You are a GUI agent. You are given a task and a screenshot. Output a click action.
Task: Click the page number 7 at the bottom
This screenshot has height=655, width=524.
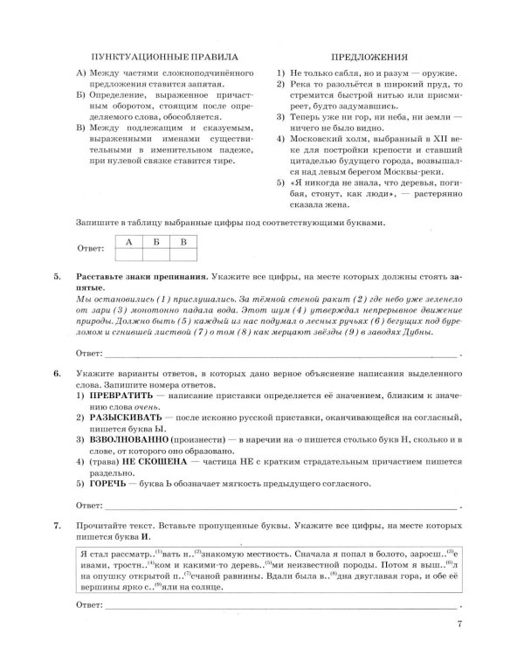click(x=459, y=624)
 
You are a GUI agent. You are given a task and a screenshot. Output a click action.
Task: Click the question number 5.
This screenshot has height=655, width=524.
click(x=57, y=277)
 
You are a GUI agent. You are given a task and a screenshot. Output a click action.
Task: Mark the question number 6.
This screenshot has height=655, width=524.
click(x=57, y=374)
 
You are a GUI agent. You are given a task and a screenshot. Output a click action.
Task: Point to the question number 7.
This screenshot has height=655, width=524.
click(x=57, y=527)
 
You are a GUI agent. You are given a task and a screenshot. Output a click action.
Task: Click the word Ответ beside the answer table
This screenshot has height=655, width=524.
click(x=90, y=251)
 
